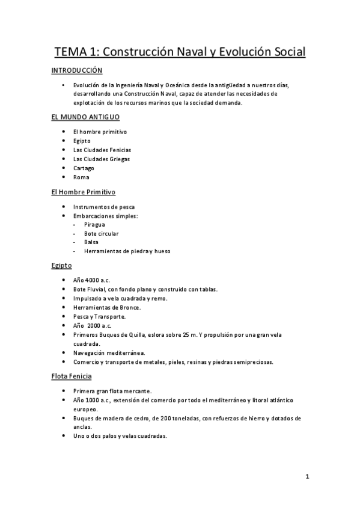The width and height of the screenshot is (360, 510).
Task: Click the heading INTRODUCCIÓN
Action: coord(77,70)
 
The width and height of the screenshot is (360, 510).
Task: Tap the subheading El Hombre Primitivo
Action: coord(83,192)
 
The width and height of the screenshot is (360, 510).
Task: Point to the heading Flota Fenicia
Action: coord(72,376)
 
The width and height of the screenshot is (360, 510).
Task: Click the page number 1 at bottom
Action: coord(307,478)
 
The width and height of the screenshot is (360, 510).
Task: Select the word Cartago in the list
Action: coord(84,168)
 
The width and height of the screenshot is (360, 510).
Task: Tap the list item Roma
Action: coord(81,177)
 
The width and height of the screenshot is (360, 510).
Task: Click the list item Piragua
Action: coord(94,224)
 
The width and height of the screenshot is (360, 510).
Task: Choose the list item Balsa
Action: coord(91,242)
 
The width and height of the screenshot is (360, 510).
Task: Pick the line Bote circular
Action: coord(101,233)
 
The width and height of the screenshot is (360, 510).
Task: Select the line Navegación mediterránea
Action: coord(108,352)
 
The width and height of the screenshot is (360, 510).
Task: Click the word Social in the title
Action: coord(282,52)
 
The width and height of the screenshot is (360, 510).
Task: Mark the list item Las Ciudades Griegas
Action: coord(101,159)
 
